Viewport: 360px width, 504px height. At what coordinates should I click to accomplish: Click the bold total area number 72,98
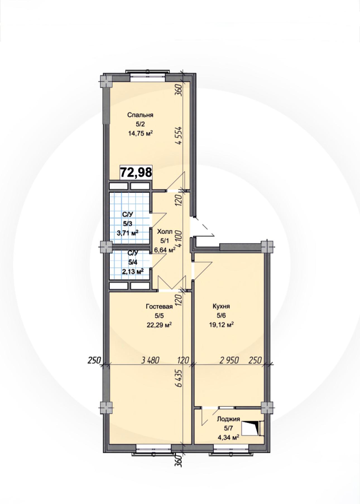pyautogui.click(x=136, y=172)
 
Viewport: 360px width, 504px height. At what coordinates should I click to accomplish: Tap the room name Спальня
pyautogui.click(x=140, y=115)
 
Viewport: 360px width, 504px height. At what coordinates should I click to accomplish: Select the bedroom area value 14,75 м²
pyautogui.click(x=140, y=133)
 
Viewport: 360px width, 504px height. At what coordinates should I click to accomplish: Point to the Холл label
pyautogui.click(x=165, y=232)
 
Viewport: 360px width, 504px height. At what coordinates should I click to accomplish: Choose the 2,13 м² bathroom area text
pyautogui.click(x=133, y=271)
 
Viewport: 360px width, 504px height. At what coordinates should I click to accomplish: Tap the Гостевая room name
pyautogui.click(x=159, y=307)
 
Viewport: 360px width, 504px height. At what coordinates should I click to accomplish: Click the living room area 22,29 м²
pyautogui.click(x=159, y=325)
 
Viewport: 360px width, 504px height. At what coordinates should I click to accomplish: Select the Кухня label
pyautogui.click(x=221, y=306)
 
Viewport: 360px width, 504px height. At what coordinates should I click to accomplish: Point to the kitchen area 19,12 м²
pyautogui.click(x=221, y=325)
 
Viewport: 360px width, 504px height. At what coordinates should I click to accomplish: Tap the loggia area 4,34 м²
pyautogui.click(x=228, y=438)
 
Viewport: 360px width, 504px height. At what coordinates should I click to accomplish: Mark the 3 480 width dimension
pyautogui.click(x=150, y=360)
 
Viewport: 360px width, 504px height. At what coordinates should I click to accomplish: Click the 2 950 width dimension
pyautogui.click(x=229, y=360)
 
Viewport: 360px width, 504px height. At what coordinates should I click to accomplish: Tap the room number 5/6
pyautogui.click(x=221, y=316)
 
